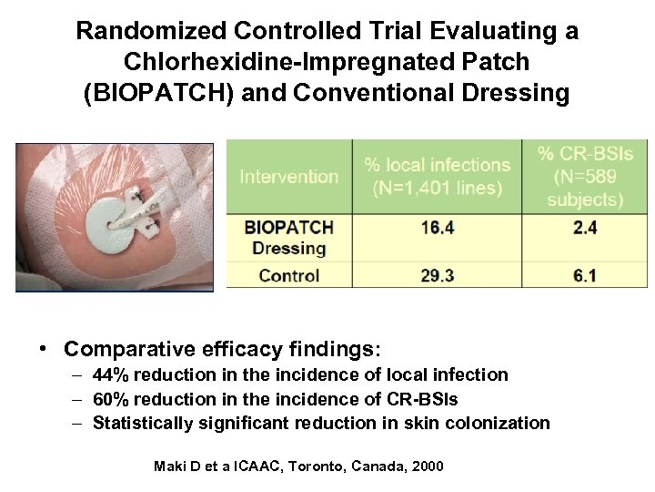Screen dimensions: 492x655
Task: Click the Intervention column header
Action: click(x=288, y=177)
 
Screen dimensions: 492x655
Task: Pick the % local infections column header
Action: click(x=437, y=176)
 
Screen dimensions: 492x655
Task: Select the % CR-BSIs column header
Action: click(x=585, y=175)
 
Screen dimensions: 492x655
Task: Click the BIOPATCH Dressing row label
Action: click(x=288, y=237)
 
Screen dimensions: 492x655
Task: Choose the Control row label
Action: click(x=288, y=275)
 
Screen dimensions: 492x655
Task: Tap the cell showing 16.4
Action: click(x=437, y=228)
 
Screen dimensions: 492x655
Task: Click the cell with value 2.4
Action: click(x=585, y=228)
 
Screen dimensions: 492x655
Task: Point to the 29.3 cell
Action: click(x=437, y=275)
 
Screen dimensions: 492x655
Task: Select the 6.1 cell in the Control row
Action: click(x=585, y=275)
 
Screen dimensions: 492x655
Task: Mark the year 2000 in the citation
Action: click(x=427, y=466)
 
